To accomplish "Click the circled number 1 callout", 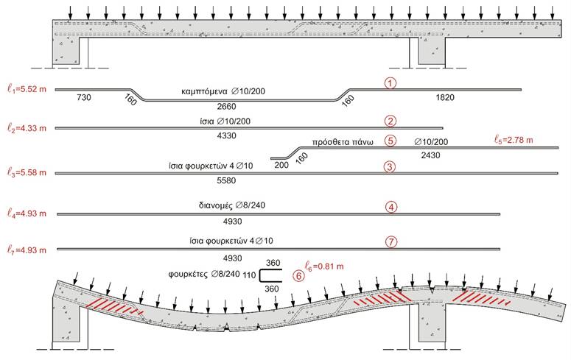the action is (x=390, y=83).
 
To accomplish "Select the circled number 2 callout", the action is (x=390, y=121).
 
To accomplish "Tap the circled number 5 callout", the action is (x=390, y=141).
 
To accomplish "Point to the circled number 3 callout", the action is (x=390, y=166).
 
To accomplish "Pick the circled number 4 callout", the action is (x=391, y=207).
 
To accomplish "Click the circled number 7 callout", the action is (x=391, y=241).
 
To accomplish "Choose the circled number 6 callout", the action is (x=298, y=276).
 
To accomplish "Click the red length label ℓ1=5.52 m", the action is (x=27, y=89).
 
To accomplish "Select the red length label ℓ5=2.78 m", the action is (x=514, y=139).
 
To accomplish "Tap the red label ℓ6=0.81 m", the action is (x=324, y=267).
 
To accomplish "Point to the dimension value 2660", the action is (x=226, y=106).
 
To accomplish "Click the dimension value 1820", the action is (x=445, y=97).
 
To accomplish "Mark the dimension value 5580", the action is (x=226, y=180).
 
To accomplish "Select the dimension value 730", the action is (x=84, y=97).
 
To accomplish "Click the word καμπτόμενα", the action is (x=204, y=91).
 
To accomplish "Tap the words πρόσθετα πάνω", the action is (x=343, y=142).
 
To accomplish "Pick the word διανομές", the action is (x=216, y=205).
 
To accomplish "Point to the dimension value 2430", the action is (x=430, y=155).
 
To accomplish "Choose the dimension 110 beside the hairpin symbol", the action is (x=249, y=275).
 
